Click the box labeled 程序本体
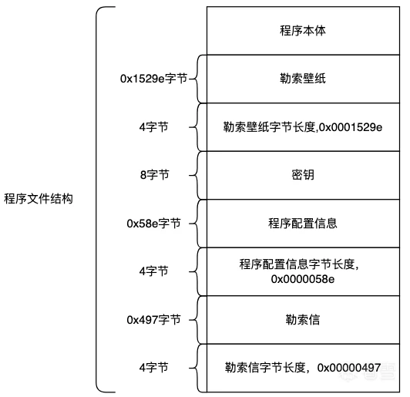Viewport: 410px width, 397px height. [x=303, y=31]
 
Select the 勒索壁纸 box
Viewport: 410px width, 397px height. [x=303, y=79]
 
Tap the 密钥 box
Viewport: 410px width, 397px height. [x=303, y=175]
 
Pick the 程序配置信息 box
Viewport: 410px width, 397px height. [x=303, y=224]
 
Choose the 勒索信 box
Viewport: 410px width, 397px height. [x=303, y=320]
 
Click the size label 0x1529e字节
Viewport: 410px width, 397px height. [x=154, y=79]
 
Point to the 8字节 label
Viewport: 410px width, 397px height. [x=155, y=175]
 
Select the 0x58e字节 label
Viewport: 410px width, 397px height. [x=154, y=224]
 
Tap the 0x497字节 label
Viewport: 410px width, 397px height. [x=154, y=320]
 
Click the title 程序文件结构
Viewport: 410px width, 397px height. [x=39, y=199]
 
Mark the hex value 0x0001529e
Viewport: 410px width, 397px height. [x=351, y=127]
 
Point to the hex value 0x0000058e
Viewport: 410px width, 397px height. [x=303, y=279]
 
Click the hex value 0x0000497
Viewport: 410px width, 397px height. [x=349, y=368]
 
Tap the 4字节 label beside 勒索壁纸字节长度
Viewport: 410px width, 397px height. [x=154, y=127]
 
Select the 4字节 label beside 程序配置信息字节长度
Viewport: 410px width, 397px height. [x=154, y=271]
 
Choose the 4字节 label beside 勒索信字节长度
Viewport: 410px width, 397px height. [x=154, y=368]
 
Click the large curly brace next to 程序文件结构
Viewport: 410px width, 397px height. [x=96, y=199]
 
